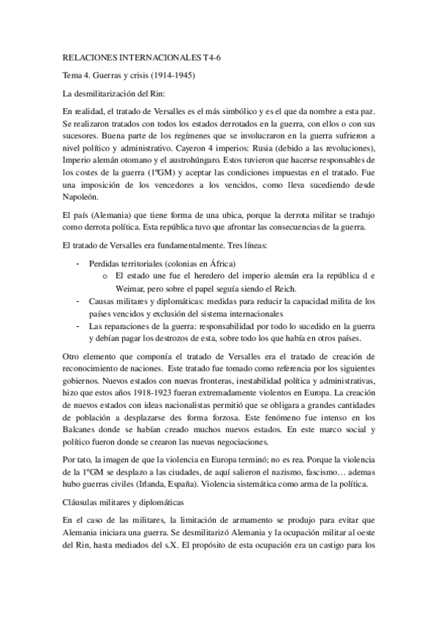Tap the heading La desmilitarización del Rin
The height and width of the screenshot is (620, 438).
pos(113,93)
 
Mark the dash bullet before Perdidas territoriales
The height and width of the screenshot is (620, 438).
pos(78,262)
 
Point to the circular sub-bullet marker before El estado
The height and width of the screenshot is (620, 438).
pos(106,275)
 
